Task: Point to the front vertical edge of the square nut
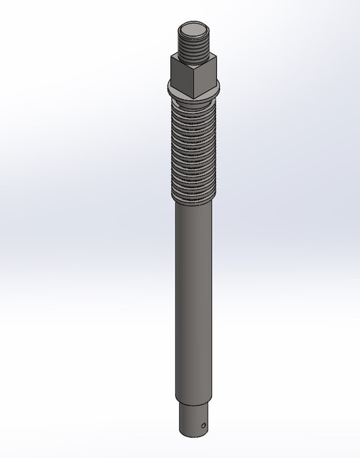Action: (194, 79)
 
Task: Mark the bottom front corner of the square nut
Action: (194, 94)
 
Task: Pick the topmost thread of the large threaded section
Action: (195, 109)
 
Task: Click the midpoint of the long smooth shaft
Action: (195, 301)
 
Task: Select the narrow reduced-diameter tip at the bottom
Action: (195, 419)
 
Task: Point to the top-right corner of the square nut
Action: (215, 59)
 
